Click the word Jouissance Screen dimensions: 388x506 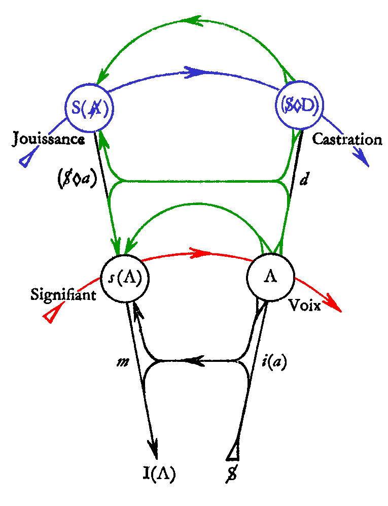pos(49,140)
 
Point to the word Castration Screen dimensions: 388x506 pos(347,140)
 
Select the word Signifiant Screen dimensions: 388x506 pos(63,294)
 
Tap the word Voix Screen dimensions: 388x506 pos(305,305)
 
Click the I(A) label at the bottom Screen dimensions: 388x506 pos(159,474)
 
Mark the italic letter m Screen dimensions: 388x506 pos(123,362)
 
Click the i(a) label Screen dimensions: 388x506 pos(274,362)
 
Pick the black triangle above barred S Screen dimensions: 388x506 pos(233,451)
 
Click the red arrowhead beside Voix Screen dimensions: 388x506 pos(334,303)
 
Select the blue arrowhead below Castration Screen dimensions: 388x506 pos(362,158)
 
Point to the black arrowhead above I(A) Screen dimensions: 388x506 pos(154,448)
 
